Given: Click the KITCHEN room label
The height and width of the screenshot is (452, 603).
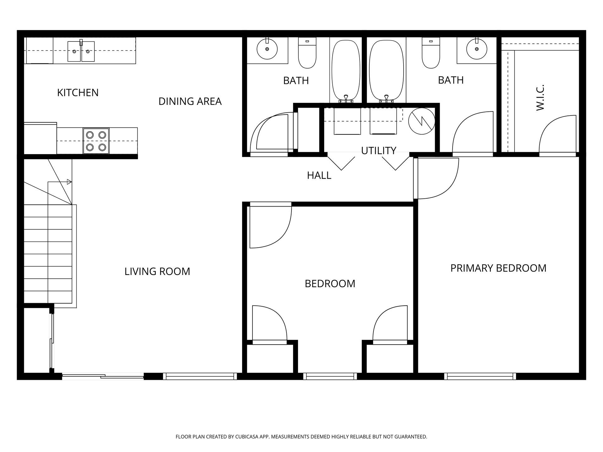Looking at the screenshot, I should point(78,93).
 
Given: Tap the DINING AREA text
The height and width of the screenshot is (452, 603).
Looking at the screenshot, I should point(190,101).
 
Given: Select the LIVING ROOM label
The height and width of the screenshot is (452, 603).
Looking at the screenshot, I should point(157,271).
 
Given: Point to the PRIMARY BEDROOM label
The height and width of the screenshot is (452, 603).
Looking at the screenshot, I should point(498,268).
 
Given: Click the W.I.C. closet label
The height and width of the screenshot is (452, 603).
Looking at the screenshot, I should point(540,97).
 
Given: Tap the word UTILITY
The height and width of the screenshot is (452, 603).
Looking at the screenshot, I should point(378,151).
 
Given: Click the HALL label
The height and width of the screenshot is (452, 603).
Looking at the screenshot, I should point(319,175).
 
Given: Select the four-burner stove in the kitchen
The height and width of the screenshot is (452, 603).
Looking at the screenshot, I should point(96,141).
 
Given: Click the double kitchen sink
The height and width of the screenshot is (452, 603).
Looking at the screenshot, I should point(81,51).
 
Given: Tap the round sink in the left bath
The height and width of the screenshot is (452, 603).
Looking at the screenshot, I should point(267,49).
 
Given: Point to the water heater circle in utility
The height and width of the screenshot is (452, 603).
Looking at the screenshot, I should point(421,121).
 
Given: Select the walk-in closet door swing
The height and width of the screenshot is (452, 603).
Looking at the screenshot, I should point(557,135).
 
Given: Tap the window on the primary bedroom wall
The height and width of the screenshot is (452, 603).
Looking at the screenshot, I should point(480,376).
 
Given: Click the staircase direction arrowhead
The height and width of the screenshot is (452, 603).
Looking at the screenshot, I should point(69,182).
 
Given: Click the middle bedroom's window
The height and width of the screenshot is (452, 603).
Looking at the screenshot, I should point(330,376).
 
